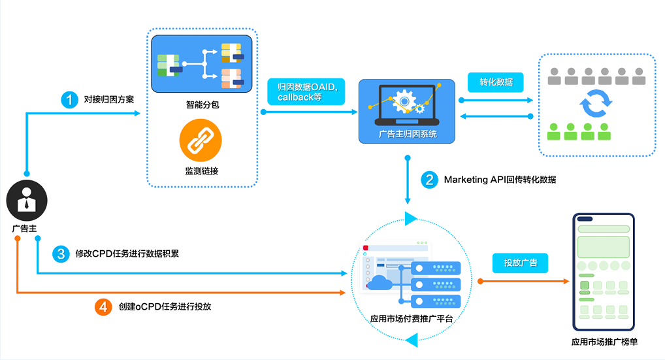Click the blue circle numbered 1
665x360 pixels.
69,100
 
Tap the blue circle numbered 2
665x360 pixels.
429,180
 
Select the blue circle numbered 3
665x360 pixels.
61,254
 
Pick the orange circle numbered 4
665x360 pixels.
103,307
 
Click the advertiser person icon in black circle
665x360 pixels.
27,201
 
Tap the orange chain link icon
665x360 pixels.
201,140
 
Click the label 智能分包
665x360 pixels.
203,105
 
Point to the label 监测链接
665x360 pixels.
201,171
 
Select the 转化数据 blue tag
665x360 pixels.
495,82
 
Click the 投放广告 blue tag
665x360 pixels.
520,263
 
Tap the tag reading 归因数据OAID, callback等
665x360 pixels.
306,91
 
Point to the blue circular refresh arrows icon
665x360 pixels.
596,103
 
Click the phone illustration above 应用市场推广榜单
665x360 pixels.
604,272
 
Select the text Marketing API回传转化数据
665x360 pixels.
500,180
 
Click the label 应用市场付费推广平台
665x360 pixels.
412,319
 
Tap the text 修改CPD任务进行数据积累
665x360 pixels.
127,254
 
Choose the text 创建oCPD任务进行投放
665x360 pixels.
165,307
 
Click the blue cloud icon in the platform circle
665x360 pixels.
380,282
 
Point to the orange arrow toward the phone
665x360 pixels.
523,281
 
